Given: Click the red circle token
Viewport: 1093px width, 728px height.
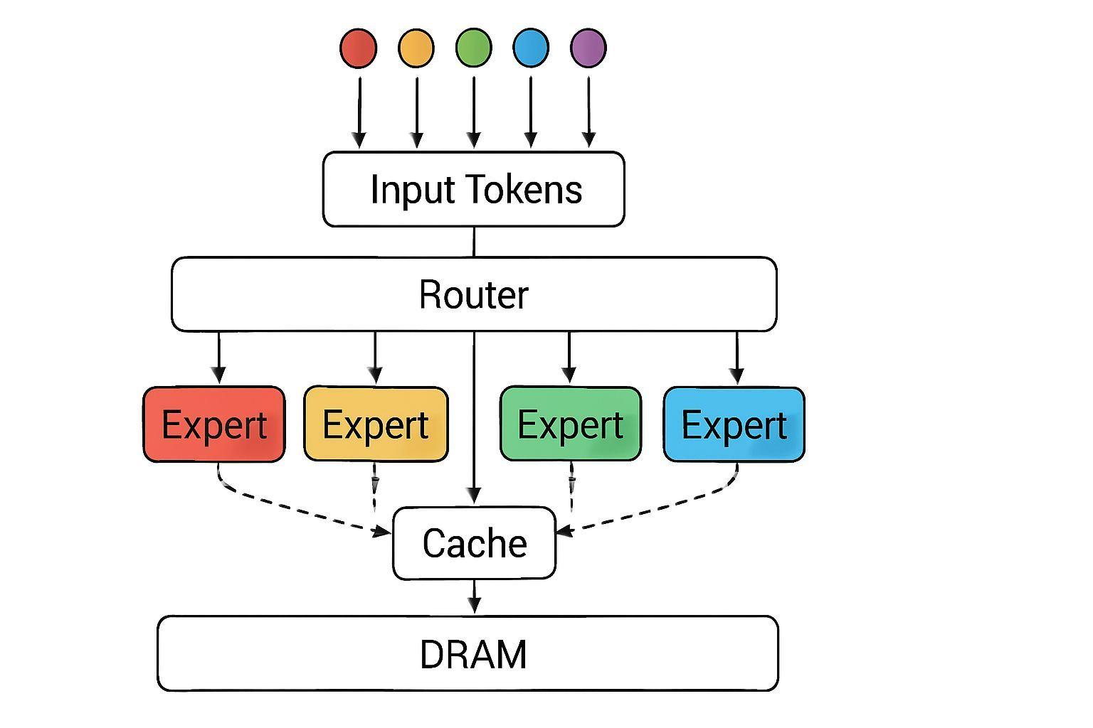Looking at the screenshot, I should (x=359, y=48).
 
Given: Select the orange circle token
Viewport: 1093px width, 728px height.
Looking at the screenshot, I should (x=416, y=48).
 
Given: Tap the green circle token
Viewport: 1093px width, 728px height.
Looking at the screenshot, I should (x=474, y=48).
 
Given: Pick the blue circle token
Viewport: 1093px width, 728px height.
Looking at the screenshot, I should (x=531, y=48).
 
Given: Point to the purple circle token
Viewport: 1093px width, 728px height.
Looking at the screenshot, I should (x=588, y=48).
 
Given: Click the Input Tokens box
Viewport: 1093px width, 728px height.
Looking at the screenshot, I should (x=474, y=189).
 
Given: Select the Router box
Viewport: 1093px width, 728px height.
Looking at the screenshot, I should (x=474, y=294).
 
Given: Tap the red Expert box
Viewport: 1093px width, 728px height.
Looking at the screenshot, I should (x=214, y=424).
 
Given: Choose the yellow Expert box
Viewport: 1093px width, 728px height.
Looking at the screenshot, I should (x=376, y=424).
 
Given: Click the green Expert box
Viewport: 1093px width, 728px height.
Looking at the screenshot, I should (x=571, y=424).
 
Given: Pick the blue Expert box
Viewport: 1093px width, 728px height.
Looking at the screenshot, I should (x=734, y=424).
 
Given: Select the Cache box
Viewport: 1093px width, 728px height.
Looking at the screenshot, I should (x=474, y=543).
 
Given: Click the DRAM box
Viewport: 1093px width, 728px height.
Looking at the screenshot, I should (x=468, y=653).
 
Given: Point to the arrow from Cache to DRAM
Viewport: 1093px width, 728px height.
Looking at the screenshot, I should (x=475, y=596).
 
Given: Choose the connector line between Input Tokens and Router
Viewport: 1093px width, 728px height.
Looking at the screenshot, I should (x=474, y=242).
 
